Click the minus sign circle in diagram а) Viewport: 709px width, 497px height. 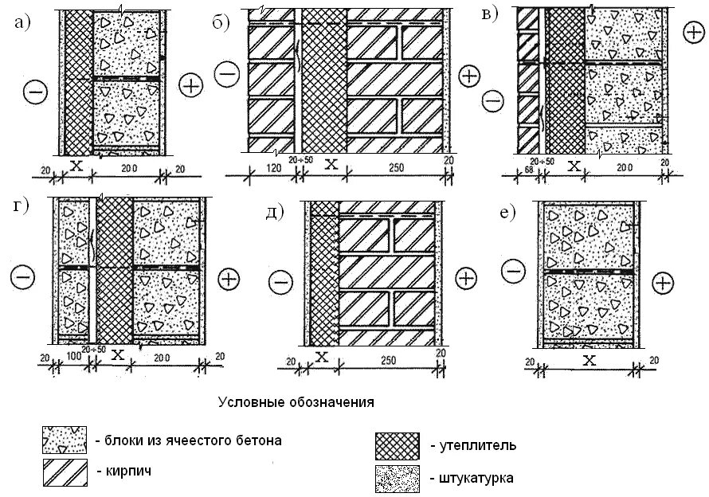tap(37, 92)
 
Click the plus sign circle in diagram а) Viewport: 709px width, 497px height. tap(191, 85)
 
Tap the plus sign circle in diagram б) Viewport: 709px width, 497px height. tap(470, 76)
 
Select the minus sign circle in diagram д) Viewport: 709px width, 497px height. tap(280, 281)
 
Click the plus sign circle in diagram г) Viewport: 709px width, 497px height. tap(229, 279)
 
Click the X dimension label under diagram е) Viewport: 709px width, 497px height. tap(590, 360)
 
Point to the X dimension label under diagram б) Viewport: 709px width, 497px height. tap(331, 166)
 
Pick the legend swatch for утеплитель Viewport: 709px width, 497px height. tap(396, 444)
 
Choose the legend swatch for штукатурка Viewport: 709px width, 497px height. tap(396, 478)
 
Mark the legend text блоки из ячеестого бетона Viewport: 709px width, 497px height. tap(188, 440)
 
